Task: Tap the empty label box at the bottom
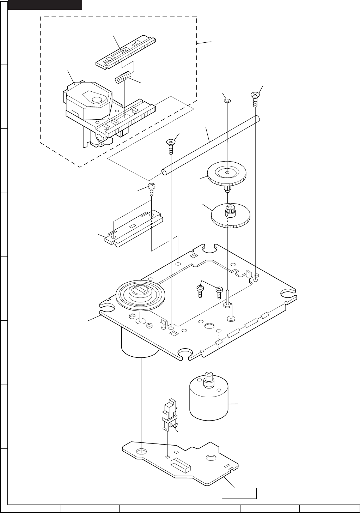(x=239, y=493)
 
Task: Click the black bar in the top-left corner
(x=45, y=5)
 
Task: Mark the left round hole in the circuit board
(x=141, y=451)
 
